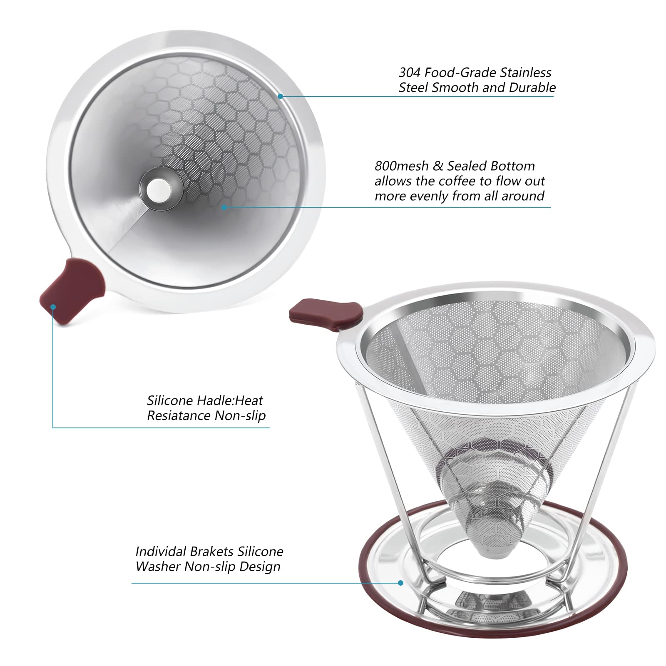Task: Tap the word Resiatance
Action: [x=179, y=415]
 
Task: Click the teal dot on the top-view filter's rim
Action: [x=281, y=96]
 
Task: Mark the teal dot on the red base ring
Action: [x=401, y=583]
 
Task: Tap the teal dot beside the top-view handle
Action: [x=53, y=307]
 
